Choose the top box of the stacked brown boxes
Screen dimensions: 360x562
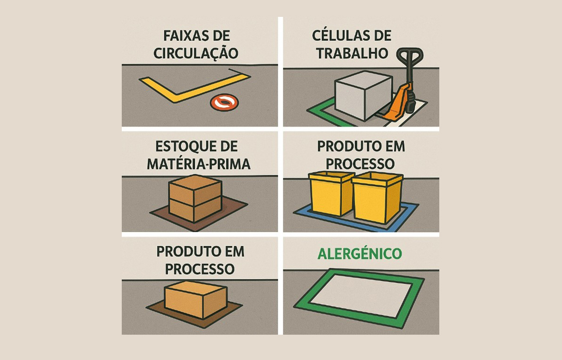(x=194, y=190)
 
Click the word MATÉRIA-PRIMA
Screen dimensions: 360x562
(x=199, y=164)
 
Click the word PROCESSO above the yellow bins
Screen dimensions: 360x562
(x=361, y=164)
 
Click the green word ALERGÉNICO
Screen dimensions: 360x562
(x=360, y=254)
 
